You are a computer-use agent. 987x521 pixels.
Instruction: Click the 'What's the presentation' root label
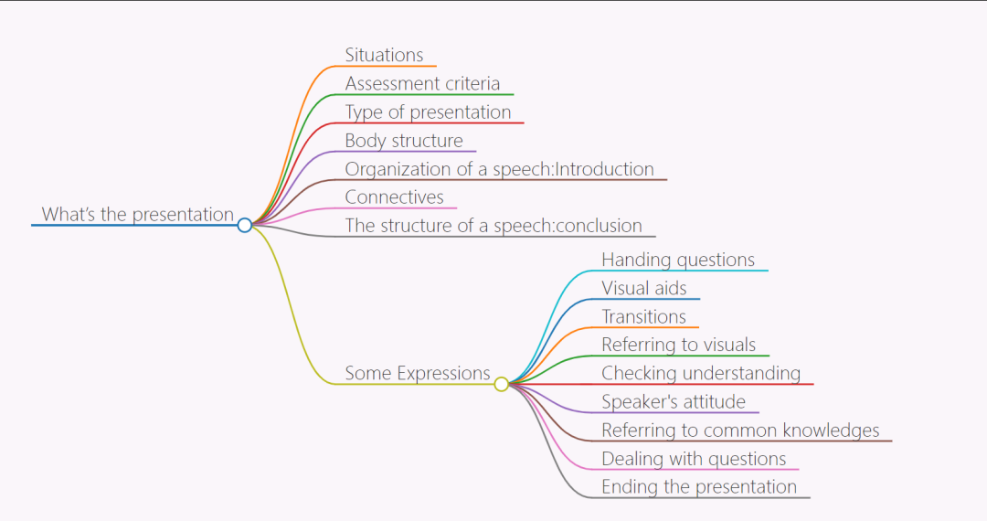(x=138, y=215)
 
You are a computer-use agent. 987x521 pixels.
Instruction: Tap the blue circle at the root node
(x=244, y=225)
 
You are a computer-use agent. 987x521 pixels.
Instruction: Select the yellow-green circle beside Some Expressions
(x=501, y=384)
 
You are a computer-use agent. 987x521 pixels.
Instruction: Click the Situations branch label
(x=384, y=55)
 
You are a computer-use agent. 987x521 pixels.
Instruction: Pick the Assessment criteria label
(x=422, y=83)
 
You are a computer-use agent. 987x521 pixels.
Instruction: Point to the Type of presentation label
(x=428, y=112)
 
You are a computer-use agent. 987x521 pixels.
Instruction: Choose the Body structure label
(x=404, y=141)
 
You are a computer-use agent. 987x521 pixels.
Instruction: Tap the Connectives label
(x=394, y=197)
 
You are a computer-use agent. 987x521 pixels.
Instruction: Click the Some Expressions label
(x=418, y=373)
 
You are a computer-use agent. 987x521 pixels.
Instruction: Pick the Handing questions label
(x=678, y=260)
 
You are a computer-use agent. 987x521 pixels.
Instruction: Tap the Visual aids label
(x=643, y=288)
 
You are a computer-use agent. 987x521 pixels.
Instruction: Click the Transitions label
(x=643, y=316)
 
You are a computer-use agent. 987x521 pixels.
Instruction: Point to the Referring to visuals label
(x=678, y=345)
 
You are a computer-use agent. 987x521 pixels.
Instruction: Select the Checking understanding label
(x=701, y=373)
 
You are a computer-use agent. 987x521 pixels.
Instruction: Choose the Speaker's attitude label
(x=674, y=401)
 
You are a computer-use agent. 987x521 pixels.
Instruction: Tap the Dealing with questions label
(x=694, y=458)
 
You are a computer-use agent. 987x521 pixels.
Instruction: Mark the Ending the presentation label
(x=699, y=486)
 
